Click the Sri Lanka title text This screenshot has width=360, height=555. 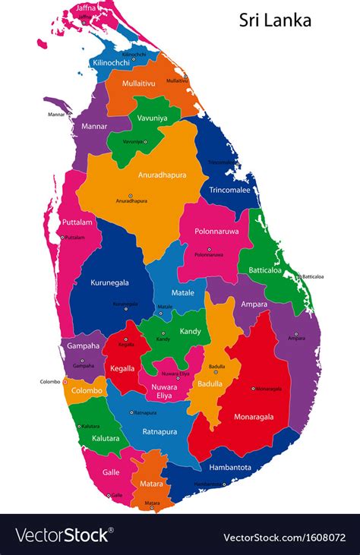[x=275, y=20]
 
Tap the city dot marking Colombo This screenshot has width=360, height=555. [x=65, y=381]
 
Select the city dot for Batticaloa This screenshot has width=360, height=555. [x=299, y=276]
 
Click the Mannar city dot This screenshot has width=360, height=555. [x=70, y=115]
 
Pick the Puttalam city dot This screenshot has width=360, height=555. [x=62, y=237]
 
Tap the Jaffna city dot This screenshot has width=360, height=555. [x=84, y=22]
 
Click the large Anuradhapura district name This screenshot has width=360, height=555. [x=162, y=175]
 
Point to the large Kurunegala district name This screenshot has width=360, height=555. [x=110, y=282]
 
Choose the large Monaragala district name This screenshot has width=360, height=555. [x=248, y=417]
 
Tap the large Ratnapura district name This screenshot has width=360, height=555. [x=159, y=432]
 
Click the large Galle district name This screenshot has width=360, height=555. [x=111, y=471]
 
